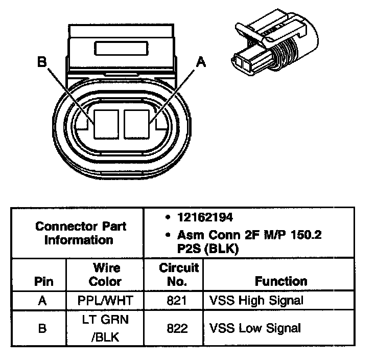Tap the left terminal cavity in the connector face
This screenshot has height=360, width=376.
107,123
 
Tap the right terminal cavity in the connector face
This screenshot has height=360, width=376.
136,123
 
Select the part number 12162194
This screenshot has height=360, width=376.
205,217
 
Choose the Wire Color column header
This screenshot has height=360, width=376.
106,275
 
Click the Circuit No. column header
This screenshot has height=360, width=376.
179,275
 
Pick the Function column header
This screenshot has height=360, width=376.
281,281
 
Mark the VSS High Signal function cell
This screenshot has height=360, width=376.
256,301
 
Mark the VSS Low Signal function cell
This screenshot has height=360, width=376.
255,328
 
